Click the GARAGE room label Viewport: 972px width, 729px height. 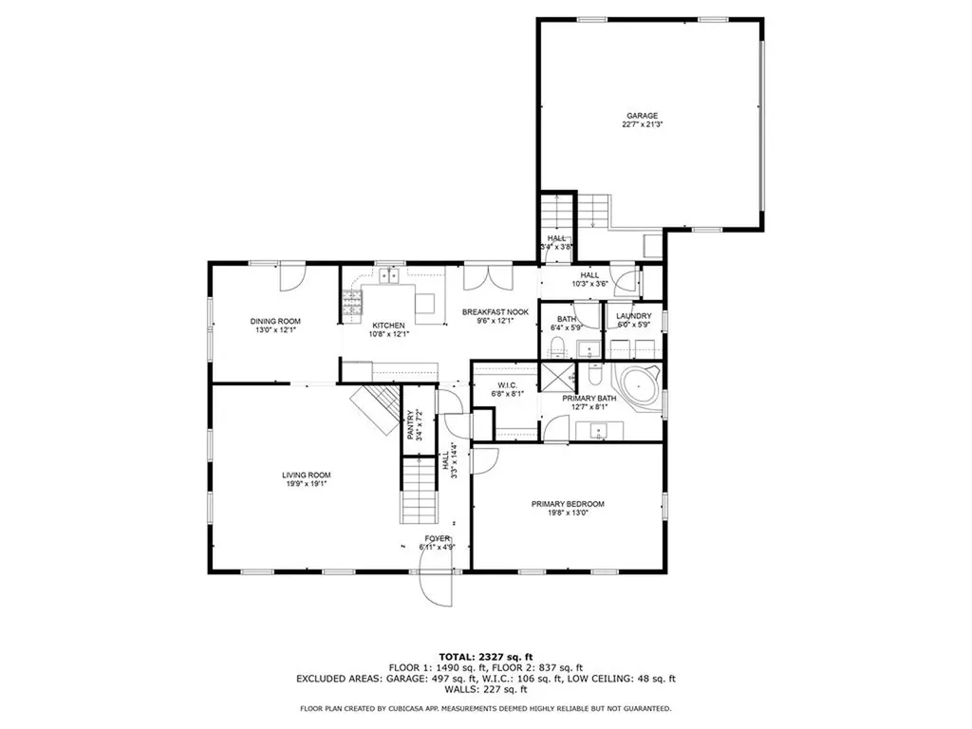pyautogui.click(x=642, y=116)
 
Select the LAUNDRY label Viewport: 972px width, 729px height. pyautogui.click(x=633, y=315)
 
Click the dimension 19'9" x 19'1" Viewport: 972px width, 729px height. pyautogui.click(x=305, y=483)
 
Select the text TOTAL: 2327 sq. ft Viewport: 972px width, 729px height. pyautogui.click(x=485, y=656)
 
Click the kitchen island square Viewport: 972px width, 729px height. pyautogui.click(x=425, y=304)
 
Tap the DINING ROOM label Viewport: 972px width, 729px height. pyautogui.click(x=275, y=321)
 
